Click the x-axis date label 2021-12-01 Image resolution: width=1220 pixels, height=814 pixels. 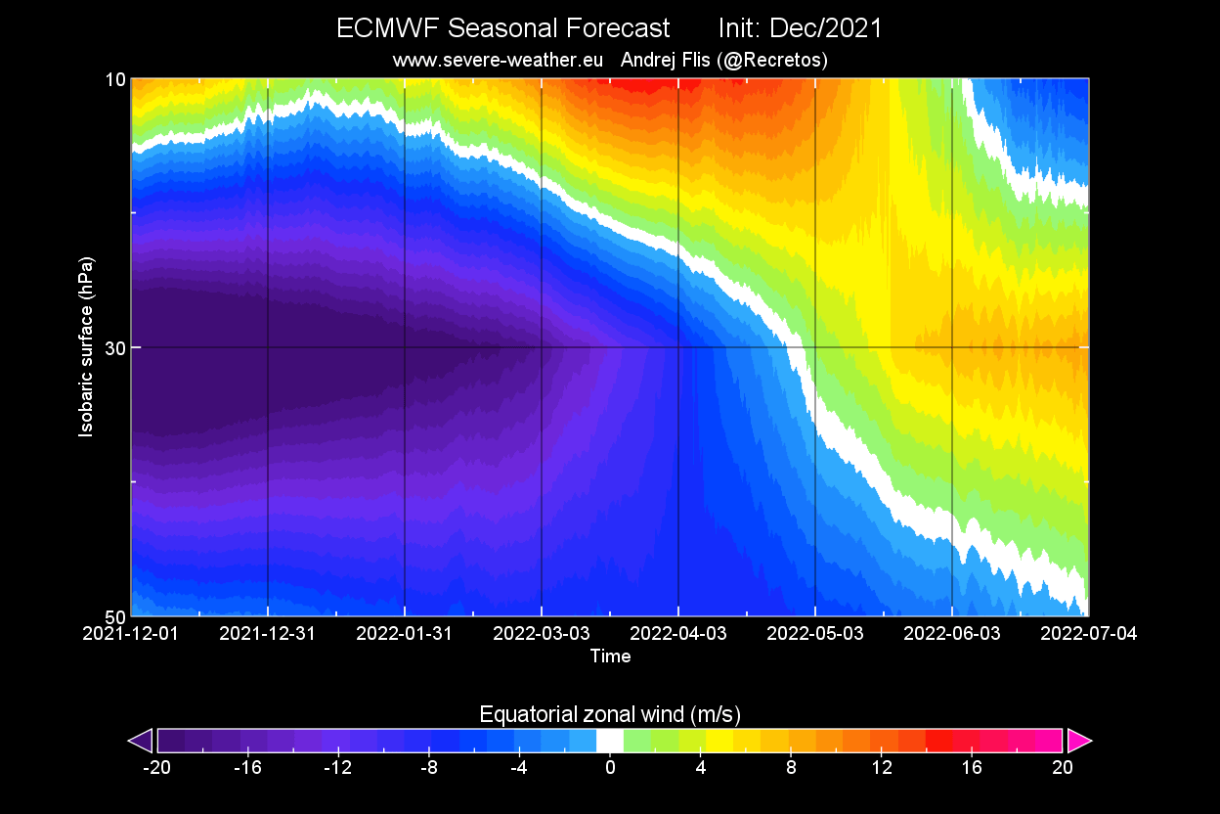pyautogui.click(x=131, y=633)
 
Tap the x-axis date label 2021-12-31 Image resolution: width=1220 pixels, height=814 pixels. pyautogui.click(x=267, y=633)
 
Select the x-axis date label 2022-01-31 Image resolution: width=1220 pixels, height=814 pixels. pyautogui.click(x=404, y=633)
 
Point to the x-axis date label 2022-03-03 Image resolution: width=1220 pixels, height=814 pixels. pyautogui.click(x=541, y=633)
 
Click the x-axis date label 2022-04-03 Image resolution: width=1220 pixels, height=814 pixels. pyautogui.click(x=677, y=633)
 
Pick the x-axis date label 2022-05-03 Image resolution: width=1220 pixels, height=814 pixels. pyautogui.click(x=814, y=633)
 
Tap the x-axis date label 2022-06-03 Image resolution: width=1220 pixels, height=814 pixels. pyautogui.click(x=951, y=633)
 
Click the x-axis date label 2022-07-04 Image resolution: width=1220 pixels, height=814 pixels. pyautogui.click(x=1088, y=633)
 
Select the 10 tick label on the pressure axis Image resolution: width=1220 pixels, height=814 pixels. pyautogui.click(x=115, y=79)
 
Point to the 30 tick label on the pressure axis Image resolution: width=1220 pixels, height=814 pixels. pyautogui.click(x=115, y=347)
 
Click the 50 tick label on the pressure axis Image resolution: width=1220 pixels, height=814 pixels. pyautogui.click(x=115, y=616)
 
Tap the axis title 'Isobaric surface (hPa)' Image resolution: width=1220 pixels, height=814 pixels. pyautogui.click(x=87, y=347)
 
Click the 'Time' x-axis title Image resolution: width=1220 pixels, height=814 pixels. pyautogui.click(x=610, y=656)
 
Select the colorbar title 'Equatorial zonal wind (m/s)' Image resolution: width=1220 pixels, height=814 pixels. pyautogui.click(x=610, y=712)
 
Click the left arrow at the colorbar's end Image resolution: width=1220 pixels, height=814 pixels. pyautogui.click(x=141, y=741)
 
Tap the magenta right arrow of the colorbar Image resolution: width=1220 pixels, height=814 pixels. pyautogui.click(x=1079, y=741)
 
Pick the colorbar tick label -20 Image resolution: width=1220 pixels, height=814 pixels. pyautogui.click(x=156, y=767)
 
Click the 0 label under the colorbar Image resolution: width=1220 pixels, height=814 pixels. pyautogui.click(x=610, y=767)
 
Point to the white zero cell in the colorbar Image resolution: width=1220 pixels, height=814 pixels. pyautogui.click(x=610, y=741)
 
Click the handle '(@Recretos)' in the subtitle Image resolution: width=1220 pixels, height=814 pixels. pyautogui.click(x=772, y=60)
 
